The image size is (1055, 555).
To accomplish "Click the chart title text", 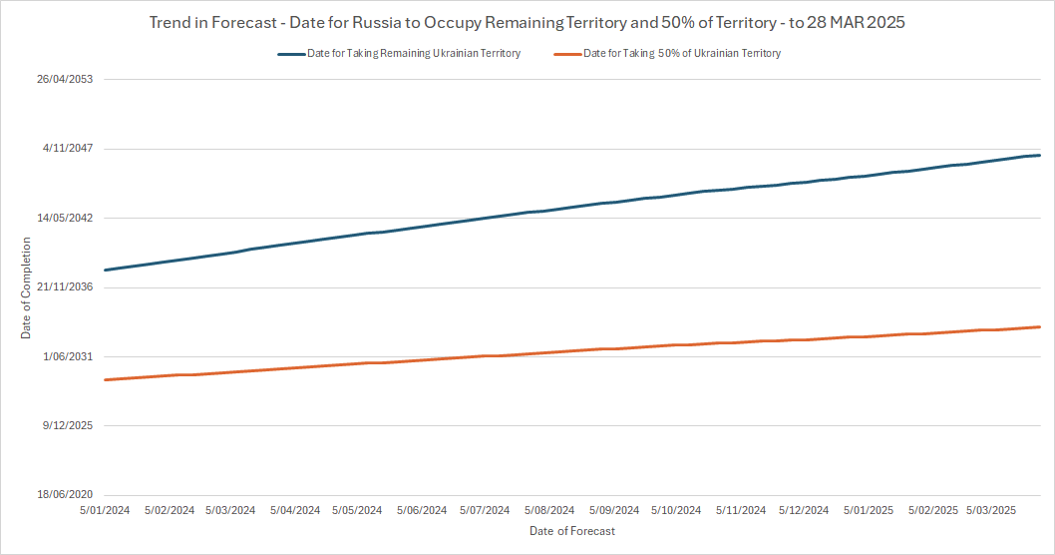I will point(527,22).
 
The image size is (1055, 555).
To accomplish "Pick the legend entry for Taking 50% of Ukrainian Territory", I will point(681,54).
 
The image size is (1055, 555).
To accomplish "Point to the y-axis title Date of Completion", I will point(26,287).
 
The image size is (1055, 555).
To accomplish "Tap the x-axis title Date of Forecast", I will point(572,531).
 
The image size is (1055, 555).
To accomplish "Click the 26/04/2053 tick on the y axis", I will point(65,80).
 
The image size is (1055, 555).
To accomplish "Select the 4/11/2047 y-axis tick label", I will point(68,149).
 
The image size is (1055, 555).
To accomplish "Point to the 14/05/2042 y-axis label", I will point(65,218).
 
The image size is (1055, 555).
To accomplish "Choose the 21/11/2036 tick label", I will point(65,287).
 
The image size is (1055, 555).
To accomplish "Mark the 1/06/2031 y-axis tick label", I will point(68,356).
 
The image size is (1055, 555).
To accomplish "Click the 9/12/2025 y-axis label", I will point(68,425).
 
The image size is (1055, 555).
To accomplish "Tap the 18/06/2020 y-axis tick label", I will point(65,495).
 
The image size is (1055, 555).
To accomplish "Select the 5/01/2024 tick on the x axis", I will point(105,510).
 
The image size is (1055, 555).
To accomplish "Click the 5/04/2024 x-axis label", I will point(295,510).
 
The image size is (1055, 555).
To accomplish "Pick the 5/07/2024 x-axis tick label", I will point(485,510).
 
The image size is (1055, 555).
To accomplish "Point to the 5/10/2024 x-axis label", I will point(676,510).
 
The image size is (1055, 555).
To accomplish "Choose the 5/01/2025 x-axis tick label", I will point(869,510).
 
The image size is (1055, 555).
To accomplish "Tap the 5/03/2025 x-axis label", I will point(991,510).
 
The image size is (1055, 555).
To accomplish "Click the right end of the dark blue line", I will point(1040,155).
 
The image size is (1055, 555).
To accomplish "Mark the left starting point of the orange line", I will point(105,379).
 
